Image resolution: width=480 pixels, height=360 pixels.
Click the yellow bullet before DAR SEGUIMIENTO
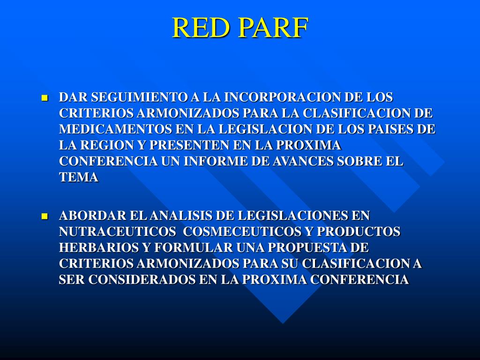tap(45, 98)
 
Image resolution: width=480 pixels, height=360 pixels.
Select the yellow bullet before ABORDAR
tap(45, 217)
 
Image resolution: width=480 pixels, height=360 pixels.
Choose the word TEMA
tap(79, 177)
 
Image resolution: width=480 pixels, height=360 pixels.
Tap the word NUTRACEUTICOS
tap(114, 232)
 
